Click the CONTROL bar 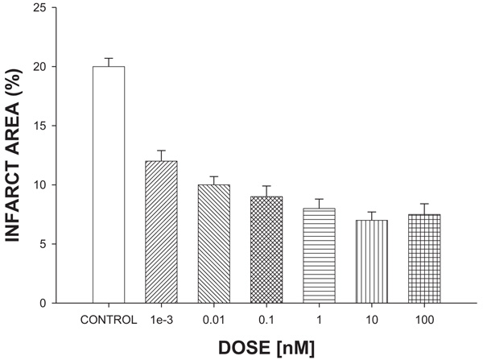[x=108, y=184]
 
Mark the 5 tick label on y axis [x=52, y=244]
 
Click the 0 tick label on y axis [x=52, y=303]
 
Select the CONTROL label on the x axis [x=108, y=320]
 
